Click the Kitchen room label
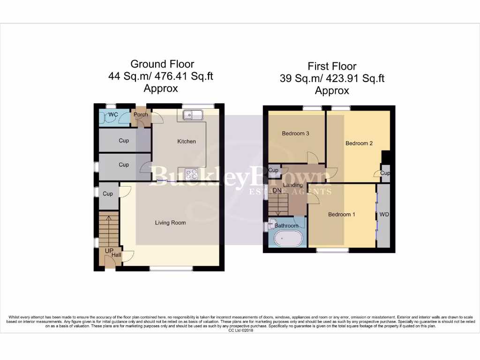[x=186, y=141]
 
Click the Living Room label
[x=170, y=223]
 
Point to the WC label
[x=113, y=114]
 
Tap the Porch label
[x=141, y=114]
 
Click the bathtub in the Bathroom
[x=287, y=240]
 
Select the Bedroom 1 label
[x=341, y=214]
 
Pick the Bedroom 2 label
[x=359, y=143]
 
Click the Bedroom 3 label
[x=295, y=134]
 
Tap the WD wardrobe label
[x=384, y=214]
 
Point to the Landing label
[x=293, y=185]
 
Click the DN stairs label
[x=277, y=191]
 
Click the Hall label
[x=116, y=255]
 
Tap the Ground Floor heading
[x=162, y=64]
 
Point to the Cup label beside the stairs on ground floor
[x=107, y=194]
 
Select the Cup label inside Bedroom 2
[x=384, y=173]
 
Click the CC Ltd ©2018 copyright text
[x=240, y=330]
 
